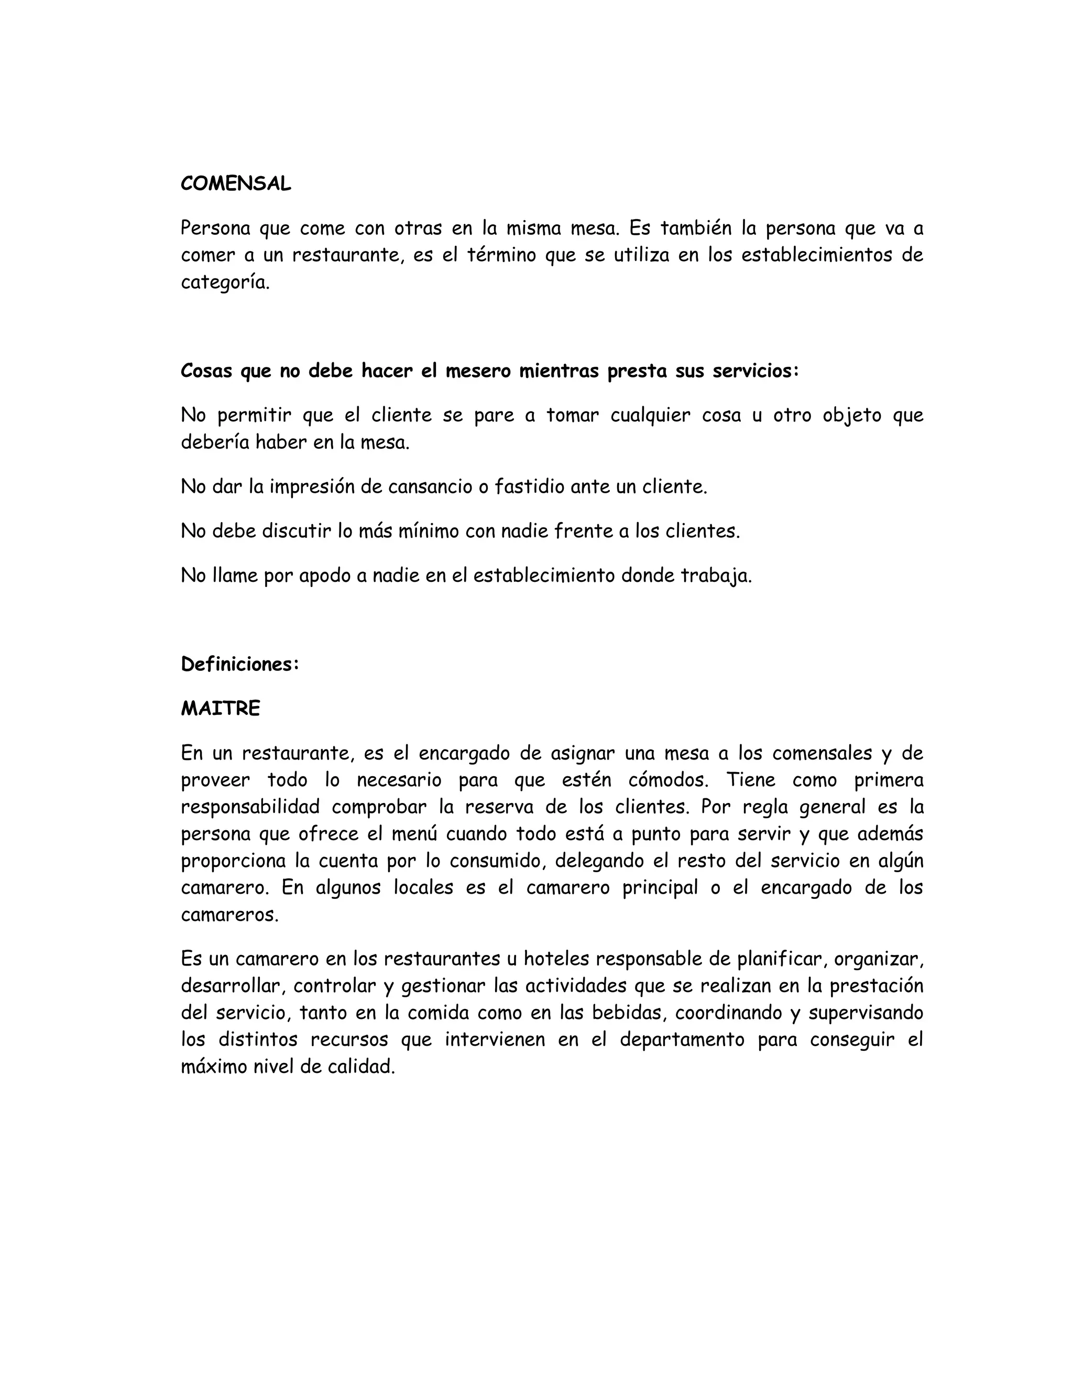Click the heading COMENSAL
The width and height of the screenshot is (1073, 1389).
pyautogui.click(x=236, y=184)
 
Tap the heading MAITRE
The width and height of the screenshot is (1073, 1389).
pyautogui.click(x=221, y=709)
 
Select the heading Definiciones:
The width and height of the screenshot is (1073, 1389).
pyautogui.click(x=239, y=664)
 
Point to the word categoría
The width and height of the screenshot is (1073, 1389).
pyautogui.click(x=225, y=283)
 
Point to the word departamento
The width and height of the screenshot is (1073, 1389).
pyautogui.click(x=682, y=1040)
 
